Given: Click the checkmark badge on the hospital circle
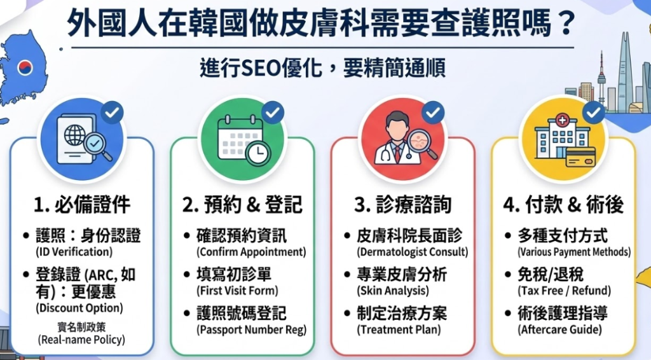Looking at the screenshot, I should tap(593, 113).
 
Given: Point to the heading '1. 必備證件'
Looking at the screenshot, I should tap(82, 205).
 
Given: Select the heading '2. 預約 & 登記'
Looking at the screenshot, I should tap(242, 205).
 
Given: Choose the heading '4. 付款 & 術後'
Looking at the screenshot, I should tap(563, 205).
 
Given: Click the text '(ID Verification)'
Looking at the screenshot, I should tap(74, 252).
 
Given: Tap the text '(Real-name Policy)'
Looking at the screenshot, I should tap(81, 340).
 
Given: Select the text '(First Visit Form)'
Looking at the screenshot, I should tap(237, 291).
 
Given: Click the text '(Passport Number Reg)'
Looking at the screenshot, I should tap(252, 329).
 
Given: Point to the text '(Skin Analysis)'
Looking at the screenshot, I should tap(393, 291).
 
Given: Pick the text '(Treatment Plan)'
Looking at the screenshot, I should tap(399, 329).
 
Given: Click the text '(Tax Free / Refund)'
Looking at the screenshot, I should tap(565, 291).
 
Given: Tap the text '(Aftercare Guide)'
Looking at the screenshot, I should tap(560, 329).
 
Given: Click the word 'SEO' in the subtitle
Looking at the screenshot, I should tap(260, 68).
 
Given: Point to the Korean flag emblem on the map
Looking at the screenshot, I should tap(25, 66).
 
